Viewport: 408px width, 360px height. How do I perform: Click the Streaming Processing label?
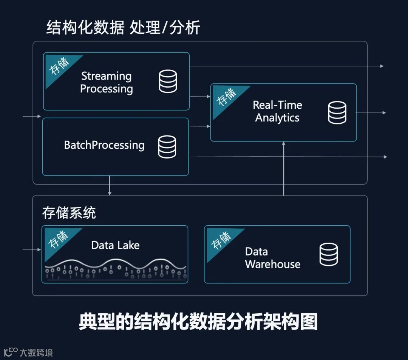107,82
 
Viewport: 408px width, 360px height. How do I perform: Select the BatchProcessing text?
104,145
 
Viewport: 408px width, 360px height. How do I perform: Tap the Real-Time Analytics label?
277,111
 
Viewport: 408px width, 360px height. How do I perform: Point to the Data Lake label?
115,245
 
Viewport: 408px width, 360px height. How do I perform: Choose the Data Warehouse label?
272,258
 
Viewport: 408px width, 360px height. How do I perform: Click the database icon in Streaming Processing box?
168,82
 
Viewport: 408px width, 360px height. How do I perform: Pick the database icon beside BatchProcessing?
167,147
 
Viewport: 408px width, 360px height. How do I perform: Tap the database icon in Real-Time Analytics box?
337,113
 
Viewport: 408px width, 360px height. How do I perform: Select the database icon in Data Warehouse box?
329,254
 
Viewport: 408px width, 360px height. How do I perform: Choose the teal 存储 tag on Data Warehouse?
220,240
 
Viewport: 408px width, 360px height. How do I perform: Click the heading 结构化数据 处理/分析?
123,28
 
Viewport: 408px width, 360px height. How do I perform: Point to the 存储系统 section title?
69,213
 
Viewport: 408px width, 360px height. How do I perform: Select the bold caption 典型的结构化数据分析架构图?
198,322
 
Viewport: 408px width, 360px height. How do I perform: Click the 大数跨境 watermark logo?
28,352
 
